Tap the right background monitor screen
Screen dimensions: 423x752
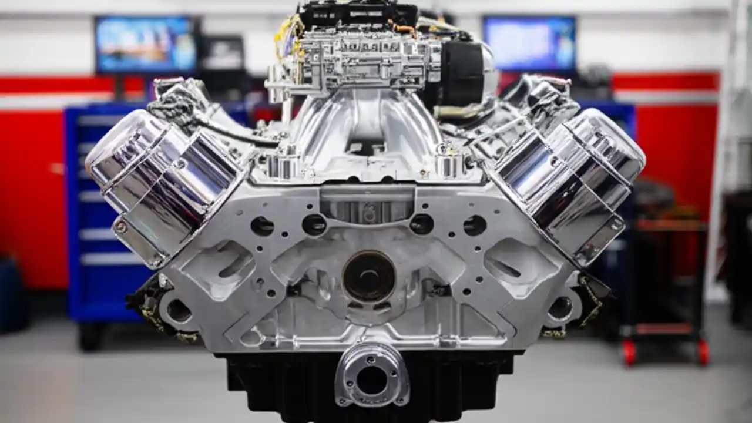coord(529,43)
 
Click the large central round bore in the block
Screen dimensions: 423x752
coord(368,277)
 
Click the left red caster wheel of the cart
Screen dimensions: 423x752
coord(629,352)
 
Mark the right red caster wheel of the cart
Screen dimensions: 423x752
coord(703,352)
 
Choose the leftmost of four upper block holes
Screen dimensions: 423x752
coord(262,226)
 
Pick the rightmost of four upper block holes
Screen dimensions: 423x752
coord(475,225)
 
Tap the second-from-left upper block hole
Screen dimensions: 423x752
coord(314,224)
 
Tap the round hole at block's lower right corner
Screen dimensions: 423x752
coord(560,308)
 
